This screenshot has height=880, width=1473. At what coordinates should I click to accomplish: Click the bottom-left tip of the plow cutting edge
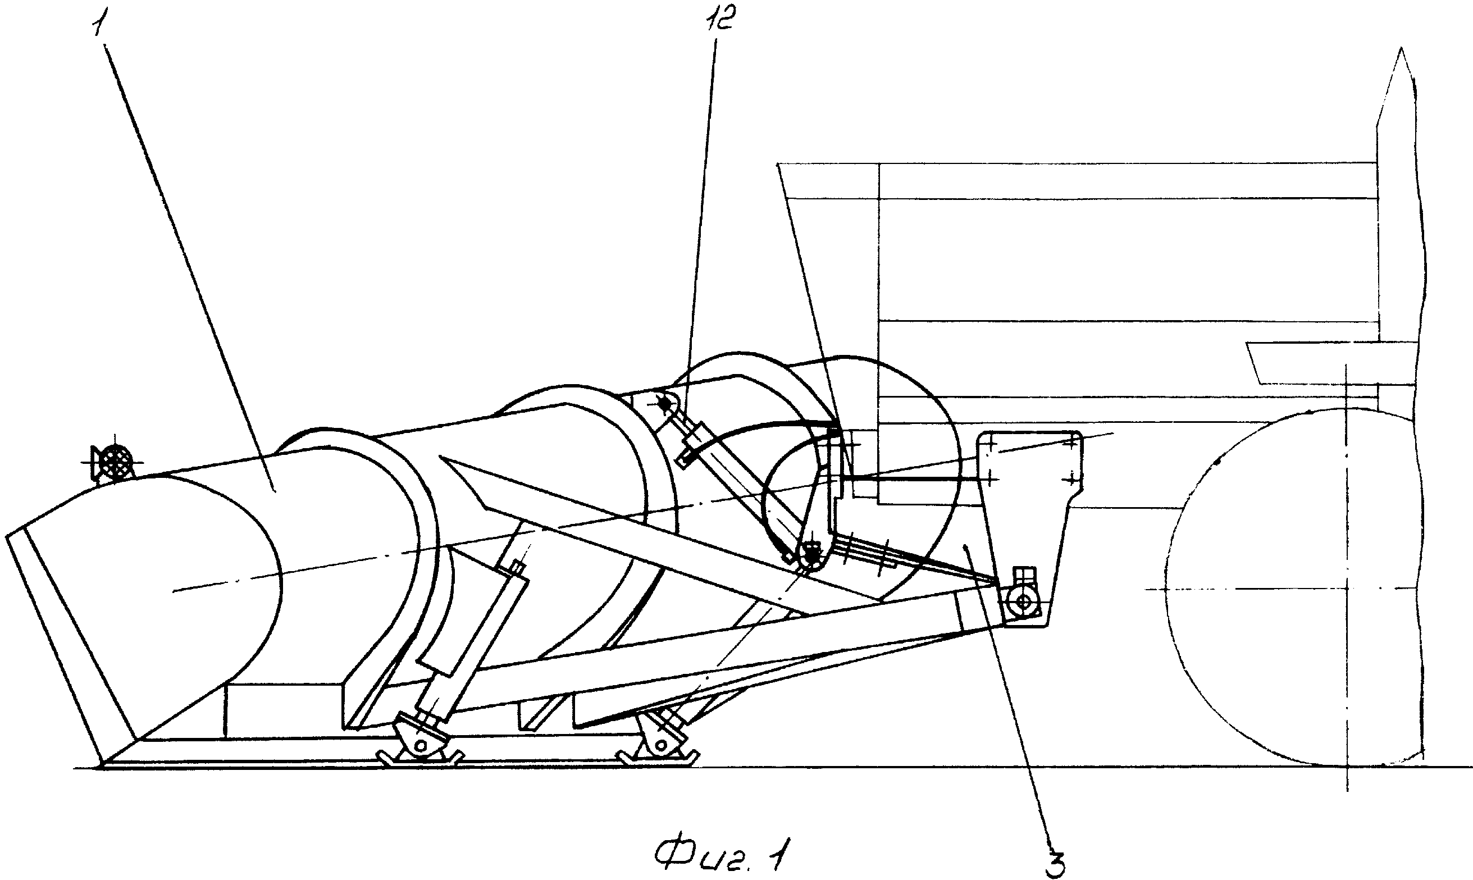click(x=102, y=765)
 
